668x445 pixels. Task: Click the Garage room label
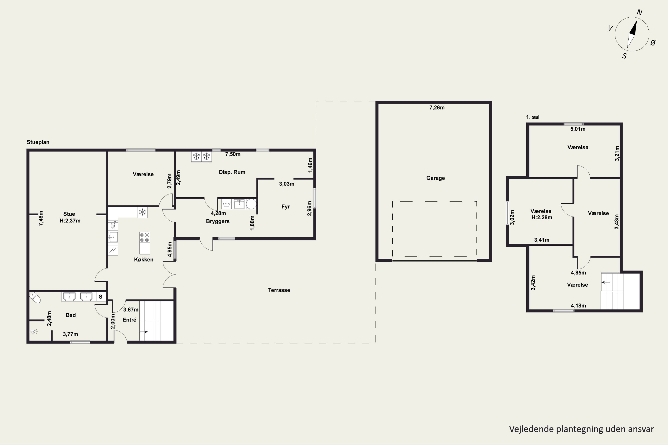pos(435,178)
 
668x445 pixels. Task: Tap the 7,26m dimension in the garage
pos(437,107)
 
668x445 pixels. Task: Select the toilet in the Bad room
pos(35,297)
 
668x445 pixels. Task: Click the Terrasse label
pos(279,290)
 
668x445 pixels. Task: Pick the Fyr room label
pos(285,207)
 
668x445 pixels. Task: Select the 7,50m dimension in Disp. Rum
pos(233,154)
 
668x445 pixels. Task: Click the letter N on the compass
pos(639,12)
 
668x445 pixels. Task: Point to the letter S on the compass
pos(624,56)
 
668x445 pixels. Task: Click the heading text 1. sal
pos(533,117)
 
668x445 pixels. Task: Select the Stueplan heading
pos(38,142)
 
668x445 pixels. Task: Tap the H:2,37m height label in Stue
pos(70,221)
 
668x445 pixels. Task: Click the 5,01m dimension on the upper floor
pos(578,129)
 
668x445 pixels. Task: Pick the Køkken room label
pos(143,259)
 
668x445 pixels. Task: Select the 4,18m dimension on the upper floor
pos(578,306)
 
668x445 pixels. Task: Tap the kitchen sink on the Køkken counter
pos(113,237)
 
